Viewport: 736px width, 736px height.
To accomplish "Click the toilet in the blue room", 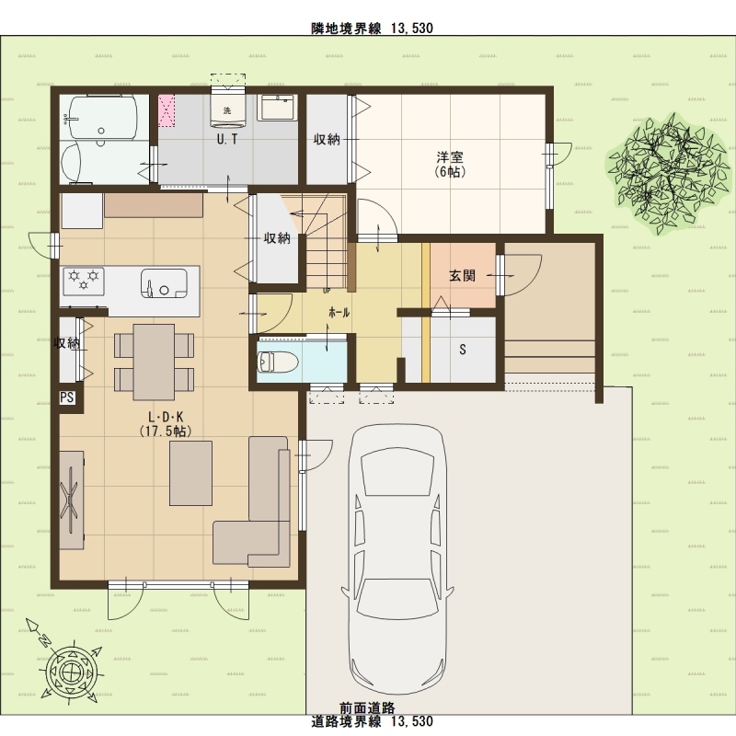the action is coord(278,362).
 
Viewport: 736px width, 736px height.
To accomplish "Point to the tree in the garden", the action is coord(669,175).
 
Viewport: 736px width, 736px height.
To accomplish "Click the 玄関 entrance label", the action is coord(463,275).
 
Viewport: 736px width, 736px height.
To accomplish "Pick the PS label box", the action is coord(66,397).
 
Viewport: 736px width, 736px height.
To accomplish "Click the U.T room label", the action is coord(227,139).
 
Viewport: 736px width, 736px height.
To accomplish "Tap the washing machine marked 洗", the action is coord(227,110).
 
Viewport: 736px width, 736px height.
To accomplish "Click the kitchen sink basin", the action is coord(164,283).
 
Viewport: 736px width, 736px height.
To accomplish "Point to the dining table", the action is coord(154,362).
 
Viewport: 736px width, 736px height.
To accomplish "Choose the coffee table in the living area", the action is coord(190,473).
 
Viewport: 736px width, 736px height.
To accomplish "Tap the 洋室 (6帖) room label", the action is coord(450,164).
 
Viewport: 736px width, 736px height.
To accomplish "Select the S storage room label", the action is coord(463,350).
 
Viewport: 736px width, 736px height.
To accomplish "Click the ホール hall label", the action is coord(339,313).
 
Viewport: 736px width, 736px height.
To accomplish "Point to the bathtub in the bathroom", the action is coord(102,118).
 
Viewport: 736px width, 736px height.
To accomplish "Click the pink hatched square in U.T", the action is coord(167,110).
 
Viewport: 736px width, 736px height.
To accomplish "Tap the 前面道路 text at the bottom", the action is coord(367,707).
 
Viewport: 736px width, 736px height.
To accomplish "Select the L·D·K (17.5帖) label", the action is coord(166,424).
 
